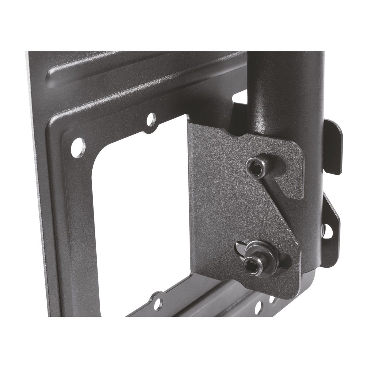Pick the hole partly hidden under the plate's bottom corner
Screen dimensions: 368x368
click(x=274, y=298)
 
